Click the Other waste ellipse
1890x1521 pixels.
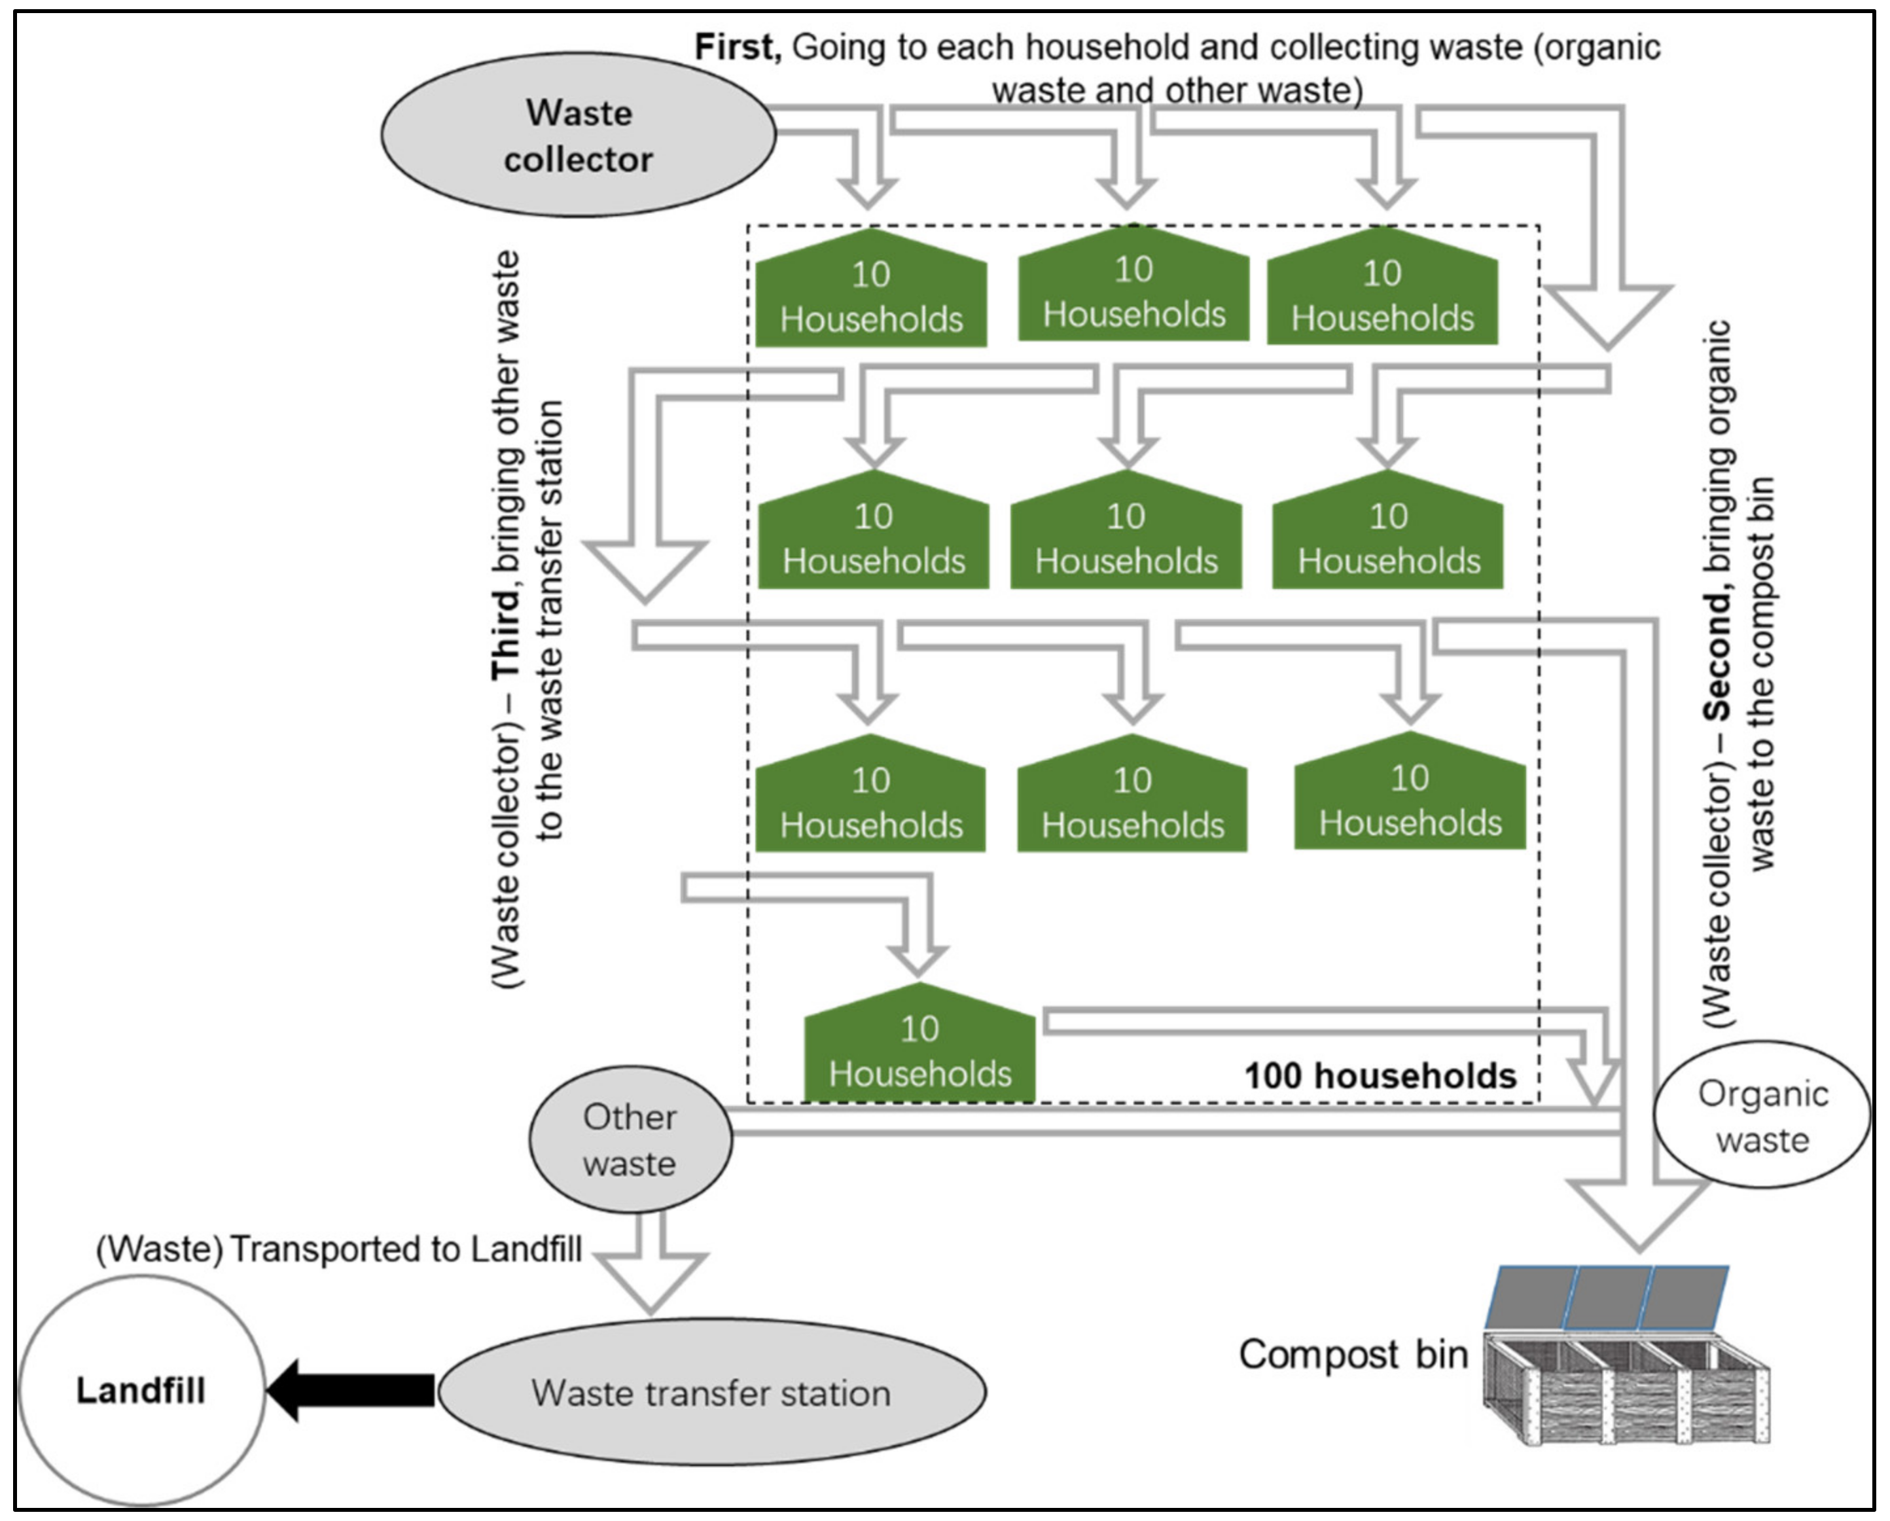630,1139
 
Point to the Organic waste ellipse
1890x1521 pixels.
1762,1116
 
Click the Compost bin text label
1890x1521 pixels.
1353,1354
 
